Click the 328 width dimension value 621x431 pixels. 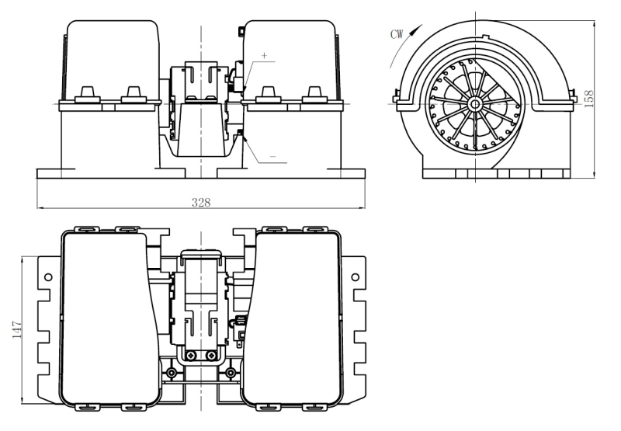point(201,201)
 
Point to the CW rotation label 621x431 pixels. point(396,34)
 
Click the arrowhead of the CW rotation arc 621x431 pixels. point(422,26)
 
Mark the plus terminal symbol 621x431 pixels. point(264,56)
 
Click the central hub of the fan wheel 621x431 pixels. point(473,102)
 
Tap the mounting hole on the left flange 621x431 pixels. point(48,276)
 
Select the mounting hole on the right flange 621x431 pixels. point(355,276)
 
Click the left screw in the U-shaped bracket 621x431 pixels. point(191,356)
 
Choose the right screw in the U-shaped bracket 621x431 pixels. point(211,356)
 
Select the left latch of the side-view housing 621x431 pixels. point(397,97)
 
